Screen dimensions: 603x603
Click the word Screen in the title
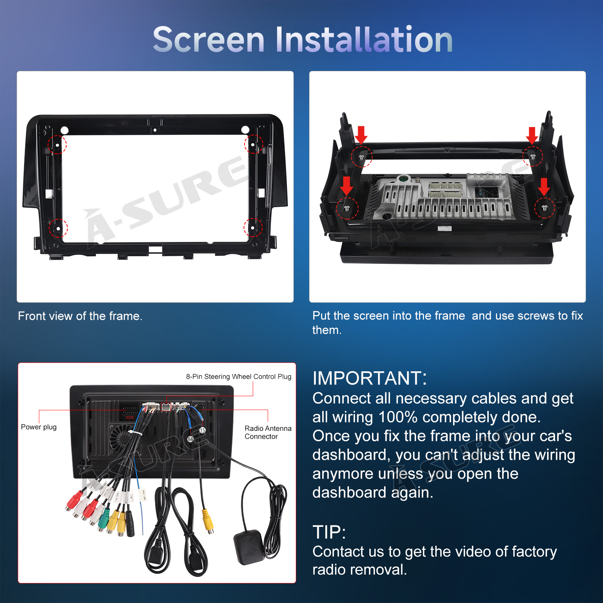coord(209,40)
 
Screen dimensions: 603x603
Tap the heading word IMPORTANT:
coord(370,378)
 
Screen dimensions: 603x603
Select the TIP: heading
coord(329,532)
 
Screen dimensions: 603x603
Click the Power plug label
coord(39,427)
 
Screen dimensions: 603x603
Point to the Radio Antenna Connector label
coord(268,432)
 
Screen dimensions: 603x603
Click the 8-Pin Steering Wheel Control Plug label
coord(239,376)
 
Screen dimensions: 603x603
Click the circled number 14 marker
coord(190,439)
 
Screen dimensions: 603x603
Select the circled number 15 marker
coord(202,430)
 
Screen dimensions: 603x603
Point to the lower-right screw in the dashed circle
coord(544,208)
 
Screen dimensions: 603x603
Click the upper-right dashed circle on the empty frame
coord(254,144)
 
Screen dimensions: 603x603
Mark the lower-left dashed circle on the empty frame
coord(58,228)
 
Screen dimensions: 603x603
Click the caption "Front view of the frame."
coord(80,316)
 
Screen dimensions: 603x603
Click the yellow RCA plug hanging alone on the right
coord(208,520)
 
